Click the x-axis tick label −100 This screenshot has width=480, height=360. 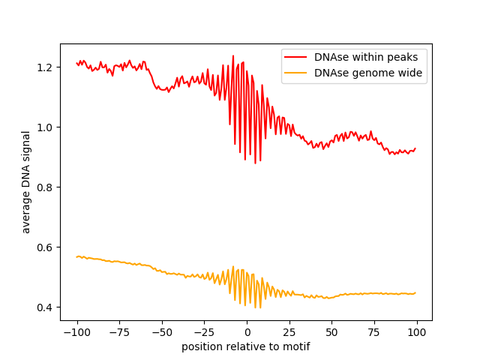point(76,332)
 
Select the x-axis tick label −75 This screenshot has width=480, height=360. point(119,332)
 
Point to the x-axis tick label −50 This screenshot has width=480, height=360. point(162,332)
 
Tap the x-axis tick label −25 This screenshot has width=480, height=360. point(205,332)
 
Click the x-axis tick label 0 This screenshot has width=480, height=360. point(247,332)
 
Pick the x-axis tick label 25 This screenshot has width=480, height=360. point(289,332)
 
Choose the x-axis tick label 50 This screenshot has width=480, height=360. point(332,332)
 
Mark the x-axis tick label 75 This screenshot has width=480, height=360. point(375,332)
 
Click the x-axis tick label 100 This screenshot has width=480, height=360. point(417,332)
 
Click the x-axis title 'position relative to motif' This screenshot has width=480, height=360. point(246,346)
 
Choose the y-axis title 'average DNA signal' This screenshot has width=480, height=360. point(26,181)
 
